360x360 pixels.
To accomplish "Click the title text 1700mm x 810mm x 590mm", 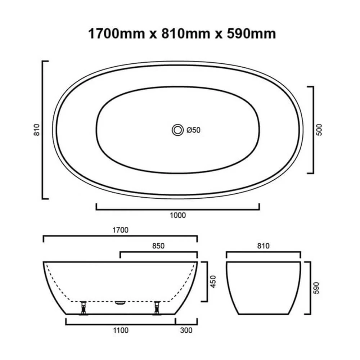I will tap(182, 33).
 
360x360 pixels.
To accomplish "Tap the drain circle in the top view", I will tap(177, 130).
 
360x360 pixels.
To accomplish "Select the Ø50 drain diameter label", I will tap(193, 130).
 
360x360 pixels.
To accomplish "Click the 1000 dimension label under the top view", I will tap(177, 215).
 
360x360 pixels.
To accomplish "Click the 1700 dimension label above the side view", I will tap(120, 230).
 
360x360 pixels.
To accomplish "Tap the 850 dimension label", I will tap(158, 246).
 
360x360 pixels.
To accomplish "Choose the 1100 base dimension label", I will tap(120, 330).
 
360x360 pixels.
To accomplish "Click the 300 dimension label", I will tap(186, 330).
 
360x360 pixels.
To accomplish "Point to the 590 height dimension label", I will tap(316, 288).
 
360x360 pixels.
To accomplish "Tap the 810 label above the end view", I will tap(263, 246).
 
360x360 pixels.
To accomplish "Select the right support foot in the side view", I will tap(157, 308).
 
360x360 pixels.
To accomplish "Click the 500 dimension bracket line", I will tap(312, 130).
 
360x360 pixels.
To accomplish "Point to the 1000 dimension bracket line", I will tap(177, 208).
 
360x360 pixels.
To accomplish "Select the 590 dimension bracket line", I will tap(310, 288).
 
